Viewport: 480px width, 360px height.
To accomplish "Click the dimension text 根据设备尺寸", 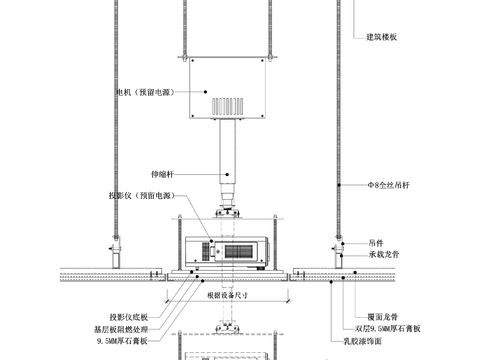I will click(x=227, y=295).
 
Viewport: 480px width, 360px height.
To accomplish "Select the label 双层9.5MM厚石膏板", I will click(x=392, y=327).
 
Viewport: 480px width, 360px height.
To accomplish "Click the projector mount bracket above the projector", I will click(x=231, y=213).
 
